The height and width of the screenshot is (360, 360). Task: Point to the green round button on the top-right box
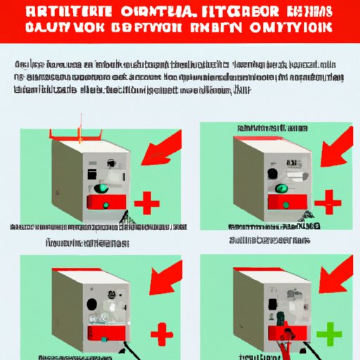[281, 188]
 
